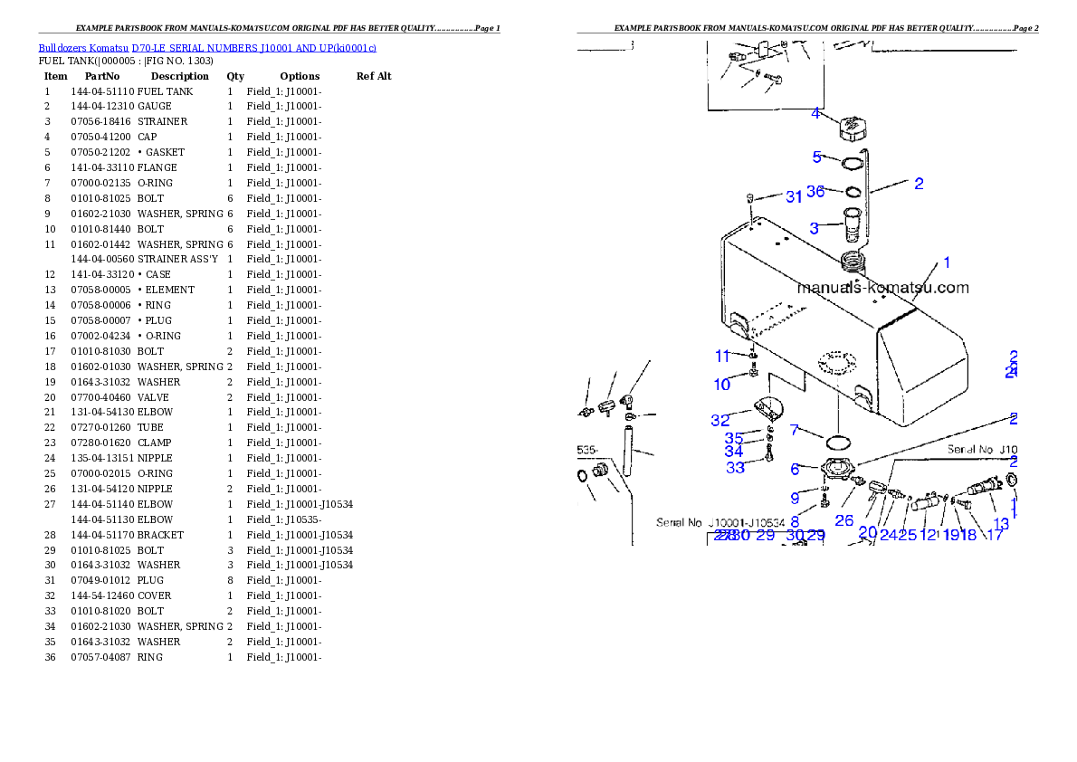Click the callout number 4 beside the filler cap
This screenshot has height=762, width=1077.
[815, 113]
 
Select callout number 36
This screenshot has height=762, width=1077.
[815, 192]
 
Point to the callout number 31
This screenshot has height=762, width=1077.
[794, 196]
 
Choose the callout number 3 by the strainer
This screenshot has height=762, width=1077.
[815, 228]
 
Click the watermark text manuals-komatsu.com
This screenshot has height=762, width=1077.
[882, 289]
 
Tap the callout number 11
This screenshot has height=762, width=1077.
[722, 356]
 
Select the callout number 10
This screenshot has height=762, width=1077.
[721, 385]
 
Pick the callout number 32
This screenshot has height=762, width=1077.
[720, 420]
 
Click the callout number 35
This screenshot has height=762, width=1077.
[734, 438]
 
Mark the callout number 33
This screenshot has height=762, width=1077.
[736, 468]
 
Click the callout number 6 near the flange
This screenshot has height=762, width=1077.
[795, 469]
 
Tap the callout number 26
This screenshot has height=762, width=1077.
[844, 520]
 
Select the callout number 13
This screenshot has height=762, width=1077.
[1001, 523]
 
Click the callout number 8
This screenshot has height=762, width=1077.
[795, 521]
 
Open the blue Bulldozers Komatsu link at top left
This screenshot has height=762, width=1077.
[207, 47]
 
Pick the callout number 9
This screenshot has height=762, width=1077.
[795, 497]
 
